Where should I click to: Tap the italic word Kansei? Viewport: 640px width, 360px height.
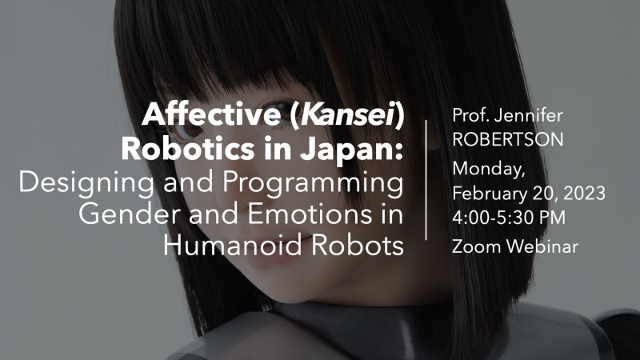click(x=348, y=114)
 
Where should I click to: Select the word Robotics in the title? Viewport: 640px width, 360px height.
click(x=188, y=149)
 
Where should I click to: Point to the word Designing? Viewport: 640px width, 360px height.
click(x=86, y=182)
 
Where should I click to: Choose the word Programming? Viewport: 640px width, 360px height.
click(x=313, y=182)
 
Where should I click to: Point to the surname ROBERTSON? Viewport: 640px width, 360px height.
click(x=508, y=139)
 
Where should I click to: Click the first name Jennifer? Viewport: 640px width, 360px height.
click(x=528, y=116)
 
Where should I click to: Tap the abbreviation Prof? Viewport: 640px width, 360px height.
click(x=470, y=115)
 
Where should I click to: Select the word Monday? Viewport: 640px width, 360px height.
click(x=489, y=170)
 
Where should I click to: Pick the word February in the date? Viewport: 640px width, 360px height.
click(x=490, y=194)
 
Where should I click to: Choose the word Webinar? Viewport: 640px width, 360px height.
click(x=543, y=246)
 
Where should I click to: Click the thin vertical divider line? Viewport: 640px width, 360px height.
click(x=426, y=180)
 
